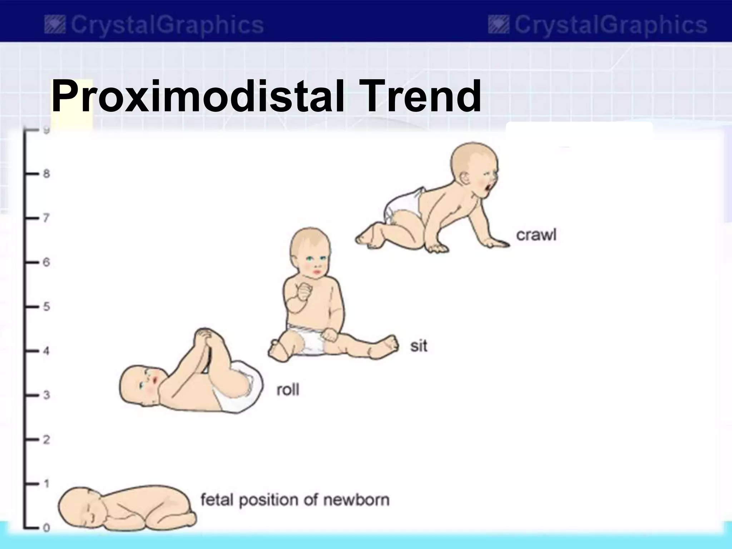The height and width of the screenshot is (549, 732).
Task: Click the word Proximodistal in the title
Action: click(x=197, y=96)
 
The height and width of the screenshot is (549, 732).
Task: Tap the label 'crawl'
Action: click(x=536, y=235)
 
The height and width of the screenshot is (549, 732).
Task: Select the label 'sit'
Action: click(x=419, y=346)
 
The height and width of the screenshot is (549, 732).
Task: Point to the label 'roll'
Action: click(x=288, y=389)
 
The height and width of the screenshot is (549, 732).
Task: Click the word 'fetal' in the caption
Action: click(x=217, y=500)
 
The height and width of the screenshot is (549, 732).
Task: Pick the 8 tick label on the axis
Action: click(x=46, y=174)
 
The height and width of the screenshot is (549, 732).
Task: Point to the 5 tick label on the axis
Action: click(x=46, y=307)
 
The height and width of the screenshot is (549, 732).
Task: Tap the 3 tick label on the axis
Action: click(x=46, y=395)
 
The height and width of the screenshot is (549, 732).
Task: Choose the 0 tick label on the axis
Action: click(x=46, y=528)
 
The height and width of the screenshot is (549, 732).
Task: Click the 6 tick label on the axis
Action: click(x=46, y=262)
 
